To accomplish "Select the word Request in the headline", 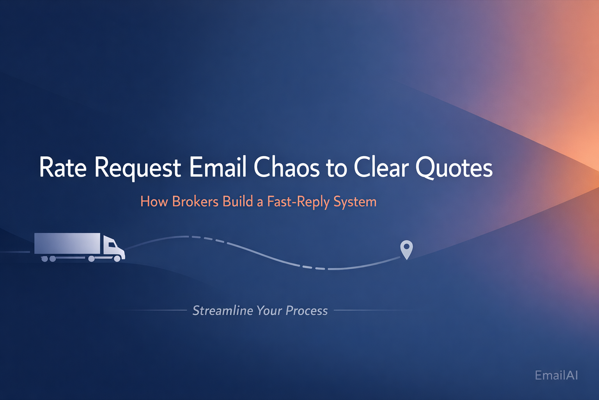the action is [138, 169].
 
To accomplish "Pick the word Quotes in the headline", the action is [454, 168].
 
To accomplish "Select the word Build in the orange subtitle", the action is [238, 201].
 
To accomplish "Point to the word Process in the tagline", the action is [307, 311].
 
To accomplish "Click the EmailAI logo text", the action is [556, 375].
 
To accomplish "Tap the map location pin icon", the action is [406, 250].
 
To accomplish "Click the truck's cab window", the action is [112, 244].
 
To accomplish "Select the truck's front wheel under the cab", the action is [117, 259].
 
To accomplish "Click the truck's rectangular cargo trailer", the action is [67, 243].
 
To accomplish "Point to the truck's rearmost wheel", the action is [45, 259].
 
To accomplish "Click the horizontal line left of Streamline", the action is [147, 310].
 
